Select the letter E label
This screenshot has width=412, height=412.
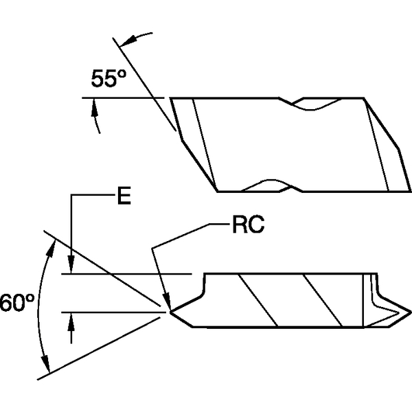click(x=124, y=198)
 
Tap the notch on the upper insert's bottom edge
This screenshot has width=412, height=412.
click(x=268, y=185)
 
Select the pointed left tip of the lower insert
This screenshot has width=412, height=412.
click(x=170, y=310)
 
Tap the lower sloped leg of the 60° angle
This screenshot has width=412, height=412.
click(x=103, y=343)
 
